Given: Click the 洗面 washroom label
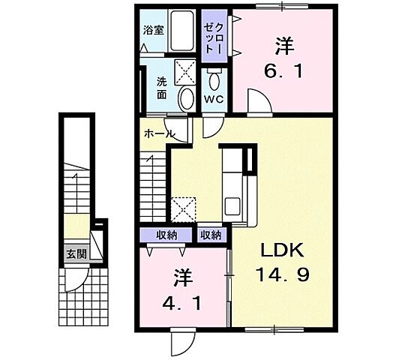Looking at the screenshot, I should click(x=162, y=88).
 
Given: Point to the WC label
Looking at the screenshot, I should click(x=214, y=99).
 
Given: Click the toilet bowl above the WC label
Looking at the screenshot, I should click(x=214, y=78).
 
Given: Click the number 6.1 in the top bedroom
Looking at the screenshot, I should click(x=283, y=73).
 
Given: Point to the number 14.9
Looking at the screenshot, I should click(x=283, y=274).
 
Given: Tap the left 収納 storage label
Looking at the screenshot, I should click(x=166, y=235).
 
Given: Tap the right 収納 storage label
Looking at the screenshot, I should click(x=211, y=235).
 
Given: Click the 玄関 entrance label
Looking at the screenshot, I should click(x=75, y=253).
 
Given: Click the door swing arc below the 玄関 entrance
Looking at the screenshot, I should click(x=78, y=281).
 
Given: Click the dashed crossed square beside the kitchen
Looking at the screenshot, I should click(x=184, y=209).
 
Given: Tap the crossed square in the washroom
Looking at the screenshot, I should click(x=185, y=73).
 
